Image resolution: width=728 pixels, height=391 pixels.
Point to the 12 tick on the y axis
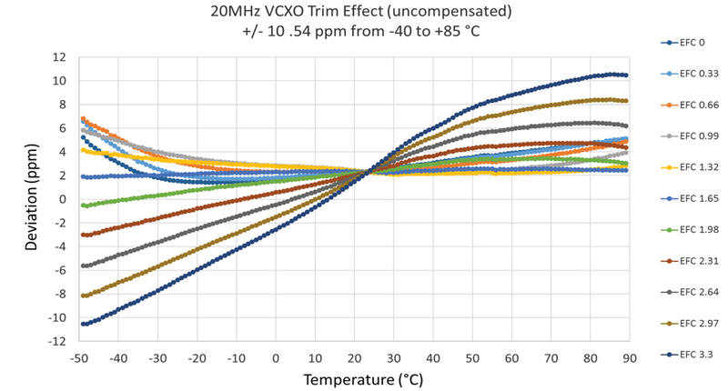coord(60,56)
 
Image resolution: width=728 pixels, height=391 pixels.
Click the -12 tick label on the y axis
coord(57,341)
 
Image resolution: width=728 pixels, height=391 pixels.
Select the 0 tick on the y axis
coord(63,198)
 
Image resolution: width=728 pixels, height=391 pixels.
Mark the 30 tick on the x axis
coord(392,358)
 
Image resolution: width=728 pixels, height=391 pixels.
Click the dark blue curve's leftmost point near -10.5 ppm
coord(84,324)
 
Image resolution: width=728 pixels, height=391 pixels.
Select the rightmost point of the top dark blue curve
coord(625,75)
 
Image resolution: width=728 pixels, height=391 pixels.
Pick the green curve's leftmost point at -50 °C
coord(84,206)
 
